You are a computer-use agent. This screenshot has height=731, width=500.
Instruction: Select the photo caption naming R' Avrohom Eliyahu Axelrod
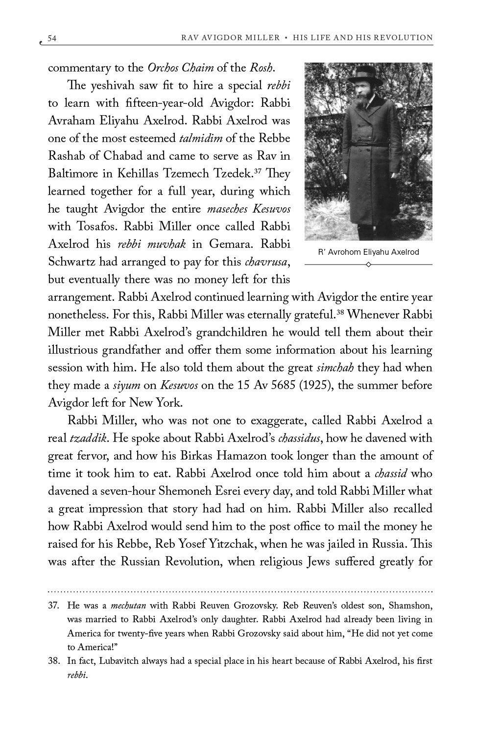pos(368,252)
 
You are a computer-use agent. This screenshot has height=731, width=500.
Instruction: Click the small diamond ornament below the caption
pos(368,265)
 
